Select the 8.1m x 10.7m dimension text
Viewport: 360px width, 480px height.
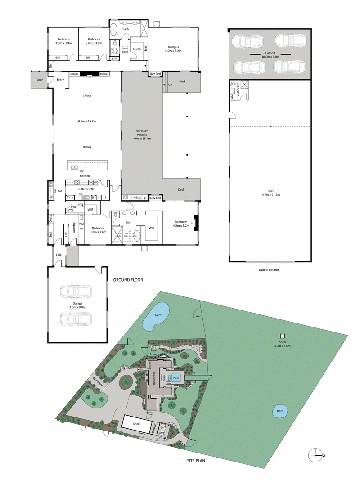(87, 121)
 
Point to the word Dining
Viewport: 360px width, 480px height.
(87, 147)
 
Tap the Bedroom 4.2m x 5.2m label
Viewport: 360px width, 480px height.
(181, 224)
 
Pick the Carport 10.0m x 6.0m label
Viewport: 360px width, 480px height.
(270, 55)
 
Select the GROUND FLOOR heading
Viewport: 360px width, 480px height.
(128, 280)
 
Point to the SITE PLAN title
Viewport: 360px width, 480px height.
(200, 461)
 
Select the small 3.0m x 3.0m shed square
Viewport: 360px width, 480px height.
(283, 336)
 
